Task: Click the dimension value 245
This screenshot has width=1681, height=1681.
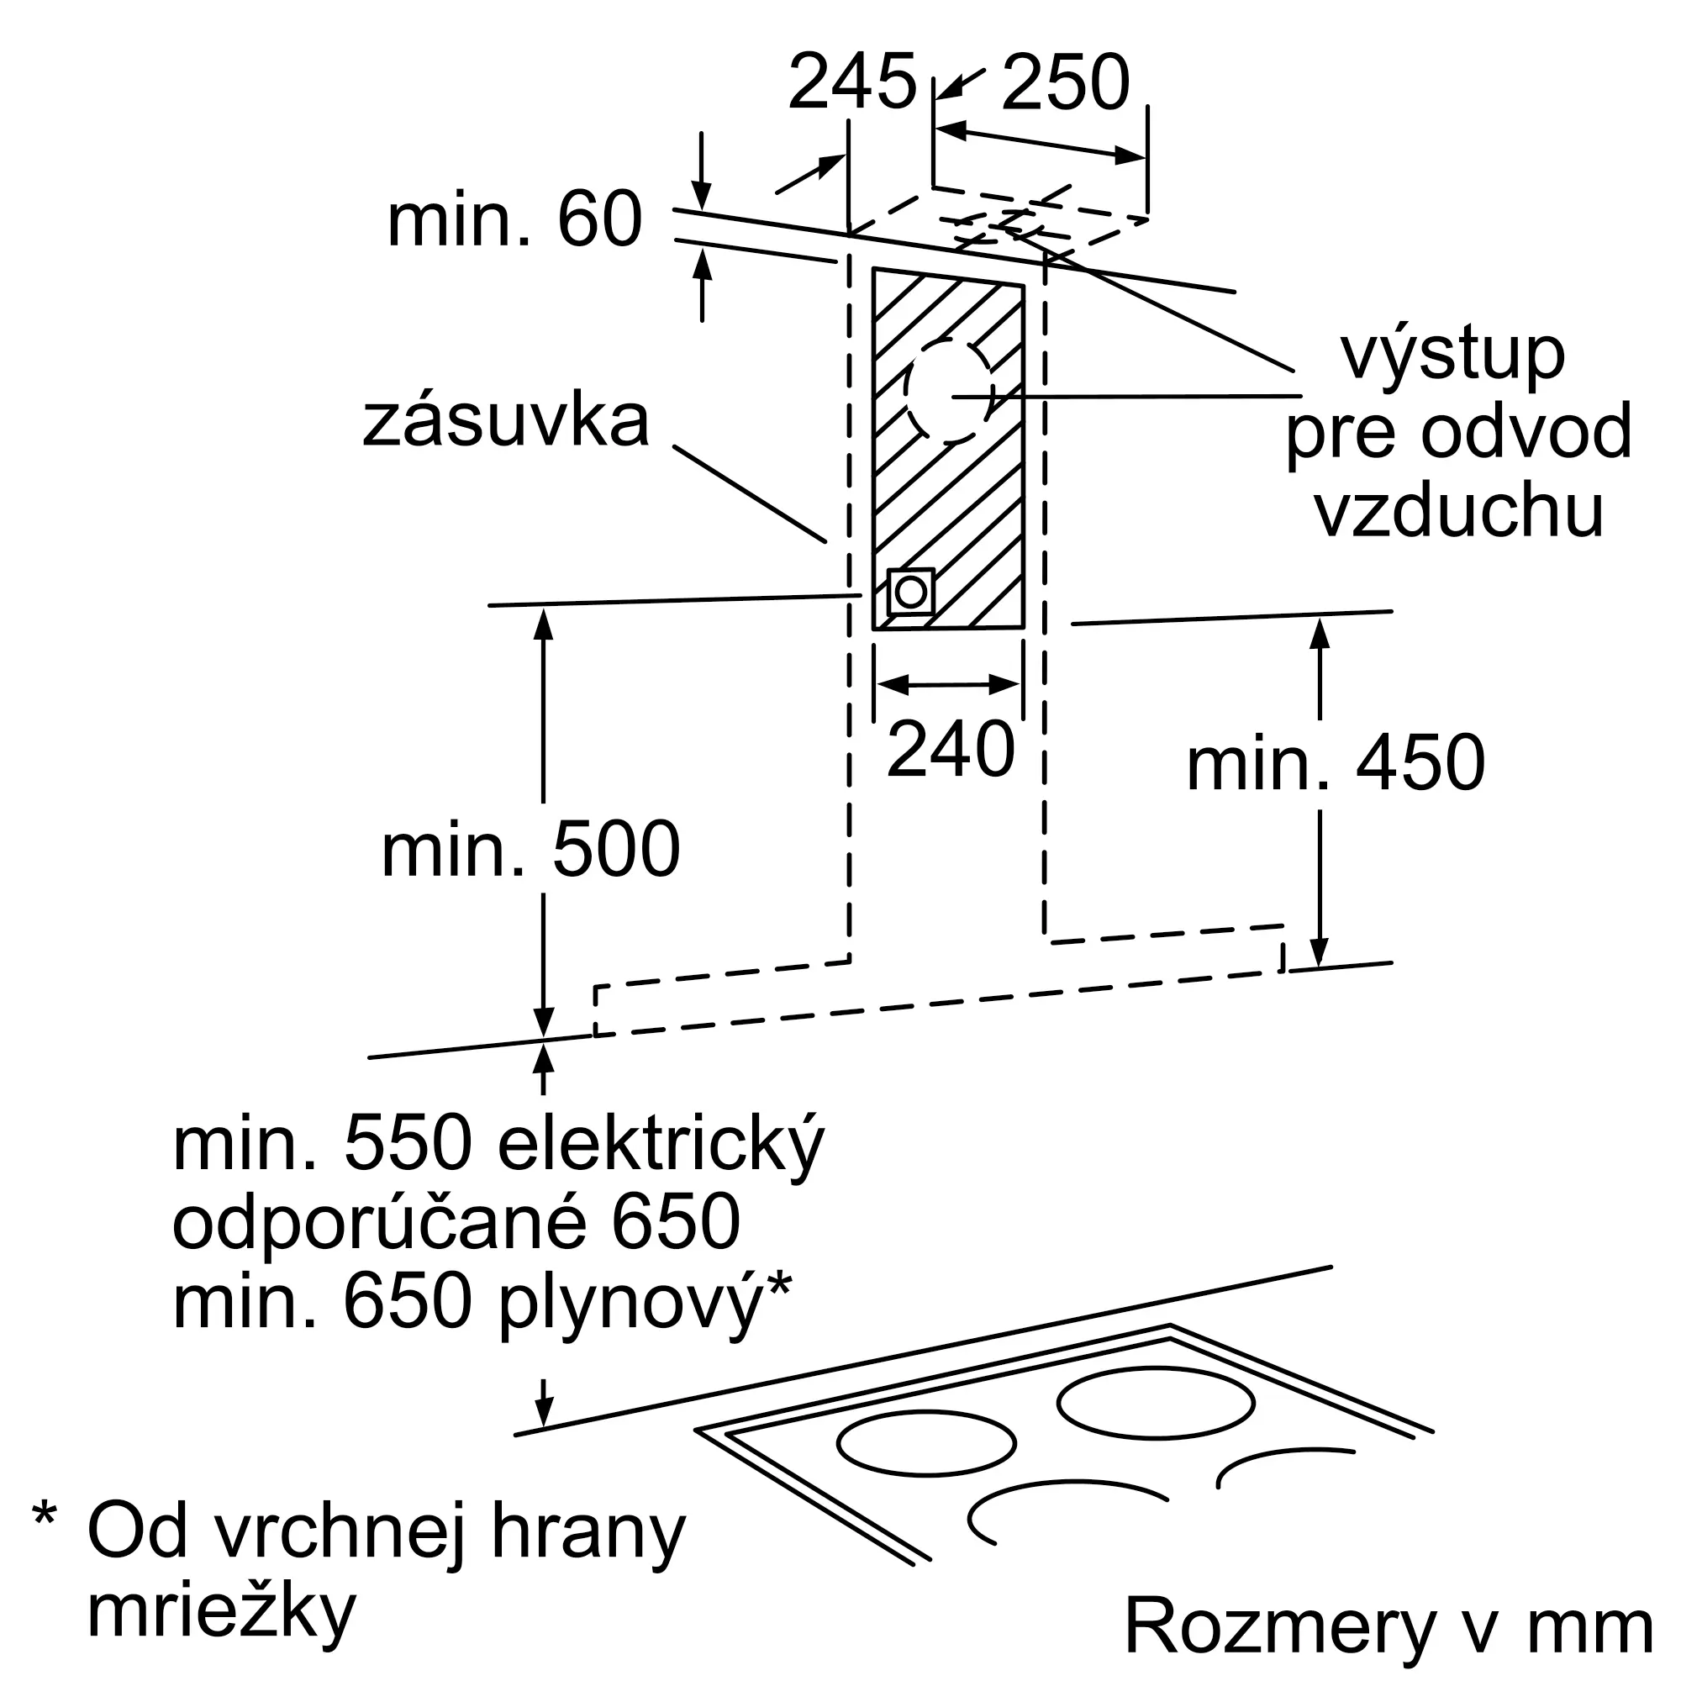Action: pos(851,82)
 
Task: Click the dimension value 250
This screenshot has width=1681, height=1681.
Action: pos(1066,82)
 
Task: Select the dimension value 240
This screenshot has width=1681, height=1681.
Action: pos(951,749)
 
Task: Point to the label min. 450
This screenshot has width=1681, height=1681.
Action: pos(1336,762)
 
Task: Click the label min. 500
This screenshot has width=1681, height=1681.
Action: pos(530,849)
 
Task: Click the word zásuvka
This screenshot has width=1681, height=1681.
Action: pos(505,421)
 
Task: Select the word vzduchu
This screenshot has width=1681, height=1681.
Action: pos(1459,510)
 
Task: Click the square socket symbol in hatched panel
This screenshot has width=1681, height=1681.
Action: pos(910,593)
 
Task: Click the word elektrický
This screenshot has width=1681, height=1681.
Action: pos(661,1143)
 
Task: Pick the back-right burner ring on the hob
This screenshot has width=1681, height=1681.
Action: pos(1156,1403)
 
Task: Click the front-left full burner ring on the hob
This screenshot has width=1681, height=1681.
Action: pos(926,1443)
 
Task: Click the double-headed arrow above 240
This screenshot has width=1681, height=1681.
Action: pos(949,685)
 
